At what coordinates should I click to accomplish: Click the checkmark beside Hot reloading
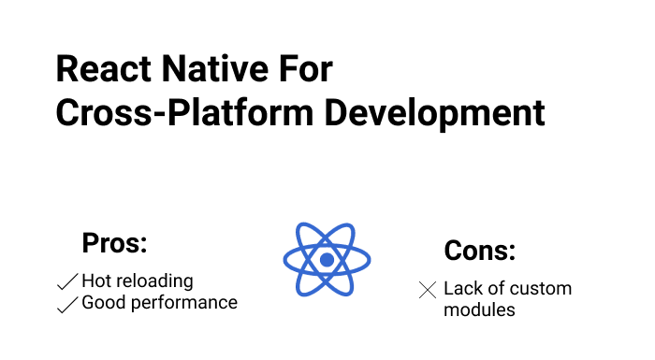coord(67,281)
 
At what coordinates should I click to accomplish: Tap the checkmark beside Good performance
coord(67,304)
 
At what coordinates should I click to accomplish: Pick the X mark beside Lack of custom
coord(427,290)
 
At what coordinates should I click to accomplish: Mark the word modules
coord(479,310)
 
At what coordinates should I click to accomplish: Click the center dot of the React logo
coord(327,260)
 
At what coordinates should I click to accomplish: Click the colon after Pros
coord(144,246)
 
